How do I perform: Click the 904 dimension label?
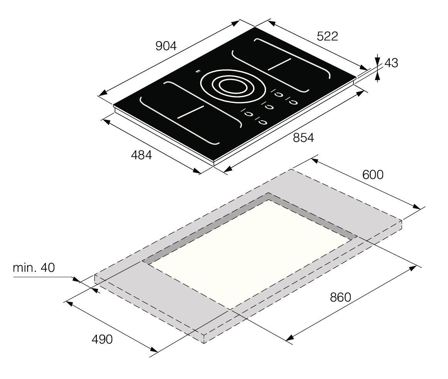click(166, 45)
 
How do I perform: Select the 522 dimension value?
click(328, 36)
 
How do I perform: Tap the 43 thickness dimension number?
click(391, 63)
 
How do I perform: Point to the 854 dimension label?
click(303, 138)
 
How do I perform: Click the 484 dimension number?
click(142, 155)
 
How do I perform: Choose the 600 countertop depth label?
click(373, 174)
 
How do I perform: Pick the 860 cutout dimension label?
click(340, 297)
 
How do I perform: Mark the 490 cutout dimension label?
click(102, 339)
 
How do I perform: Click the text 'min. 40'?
click(34, 268)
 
